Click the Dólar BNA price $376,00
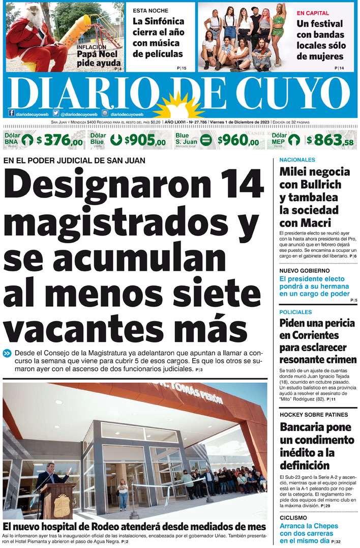coord(59,140)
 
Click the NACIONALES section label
coord(297,160)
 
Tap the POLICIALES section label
coord(295,312)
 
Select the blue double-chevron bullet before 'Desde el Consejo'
coord(8,353)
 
